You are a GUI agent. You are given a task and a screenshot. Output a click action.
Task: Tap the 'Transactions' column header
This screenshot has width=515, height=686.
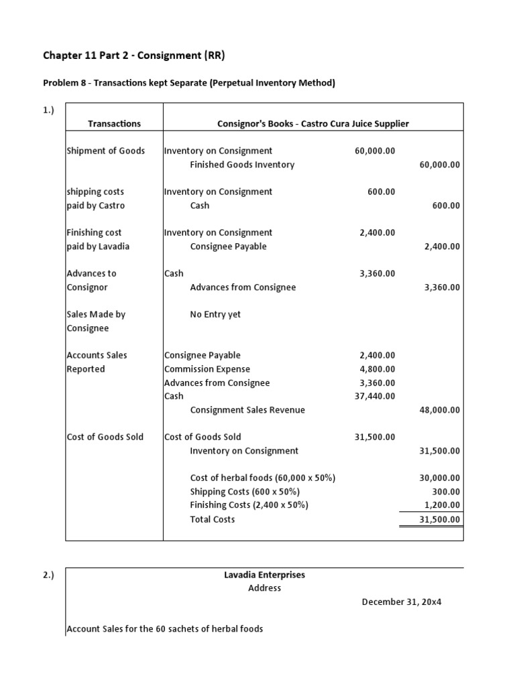point(114,123)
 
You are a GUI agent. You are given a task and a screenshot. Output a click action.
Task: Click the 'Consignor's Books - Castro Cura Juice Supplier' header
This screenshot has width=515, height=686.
point(313,123)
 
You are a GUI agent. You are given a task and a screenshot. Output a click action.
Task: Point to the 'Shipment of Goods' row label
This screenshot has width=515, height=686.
point(106,151)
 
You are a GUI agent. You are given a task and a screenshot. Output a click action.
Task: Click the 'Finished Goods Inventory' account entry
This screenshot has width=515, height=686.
point(242,165)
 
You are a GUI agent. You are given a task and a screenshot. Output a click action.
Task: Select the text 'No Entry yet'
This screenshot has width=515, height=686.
point(215,314)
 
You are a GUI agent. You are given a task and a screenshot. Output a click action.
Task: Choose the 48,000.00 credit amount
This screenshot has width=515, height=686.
point(439,410)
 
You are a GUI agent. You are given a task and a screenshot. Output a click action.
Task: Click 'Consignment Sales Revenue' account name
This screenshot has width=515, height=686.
point(247,410)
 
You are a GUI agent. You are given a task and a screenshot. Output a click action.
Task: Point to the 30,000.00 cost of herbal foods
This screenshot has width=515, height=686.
point(439,478)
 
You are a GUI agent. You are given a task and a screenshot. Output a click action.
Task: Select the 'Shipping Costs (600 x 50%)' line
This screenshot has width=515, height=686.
point(245,492)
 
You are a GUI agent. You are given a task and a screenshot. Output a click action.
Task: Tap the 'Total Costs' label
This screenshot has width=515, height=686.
point(213,519)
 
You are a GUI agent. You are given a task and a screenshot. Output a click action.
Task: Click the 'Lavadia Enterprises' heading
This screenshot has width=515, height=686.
point(264,575)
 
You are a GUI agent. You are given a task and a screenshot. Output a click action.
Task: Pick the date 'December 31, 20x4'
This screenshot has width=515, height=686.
point(402,602)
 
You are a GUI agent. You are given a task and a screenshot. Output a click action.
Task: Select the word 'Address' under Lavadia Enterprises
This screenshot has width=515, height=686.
point(264,588)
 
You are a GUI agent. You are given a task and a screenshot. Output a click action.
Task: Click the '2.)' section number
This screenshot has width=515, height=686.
point(49,575)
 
